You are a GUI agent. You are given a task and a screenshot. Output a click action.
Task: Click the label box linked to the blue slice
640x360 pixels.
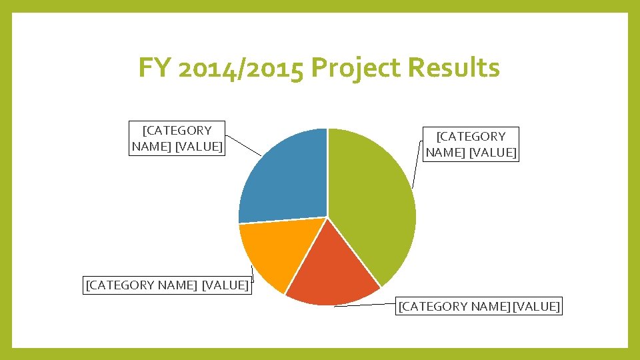(x=177, y=138)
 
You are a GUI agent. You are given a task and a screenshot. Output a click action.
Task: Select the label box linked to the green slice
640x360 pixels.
(x=471, y=144)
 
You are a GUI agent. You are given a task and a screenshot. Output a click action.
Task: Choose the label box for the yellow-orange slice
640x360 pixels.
(x=167, y=285)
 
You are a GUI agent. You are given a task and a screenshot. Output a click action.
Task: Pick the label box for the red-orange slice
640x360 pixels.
(x=479, y=306)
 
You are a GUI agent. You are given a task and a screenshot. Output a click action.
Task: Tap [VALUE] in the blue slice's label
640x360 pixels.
(x=198, y=146)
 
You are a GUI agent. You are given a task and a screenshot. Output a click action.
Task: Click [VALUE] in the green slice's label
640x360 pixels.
(x=493, y=152)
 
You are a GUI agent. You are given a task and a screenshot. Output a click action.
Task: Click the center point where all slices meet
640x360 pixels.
(x=327, y=217)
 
